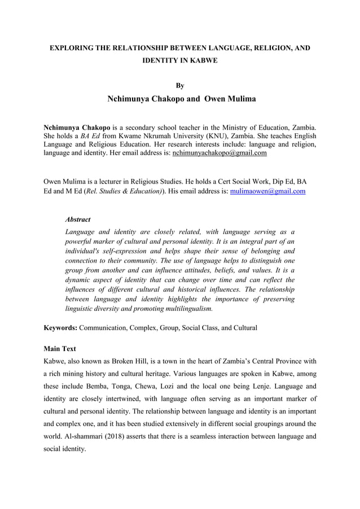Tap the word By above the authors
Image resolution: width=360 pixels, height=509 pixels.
click(180, 86)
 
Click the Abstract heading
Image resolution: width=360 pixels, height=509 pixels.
click(78, 219)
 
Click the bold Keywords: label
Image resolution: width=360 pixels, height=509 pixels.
click(60, 328)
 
